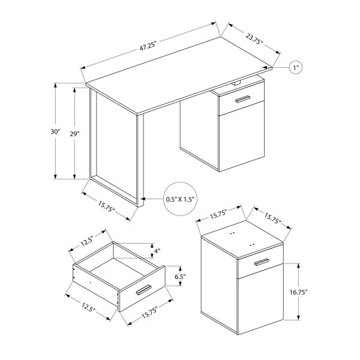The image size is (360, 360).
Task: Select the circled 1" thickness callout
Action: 296,67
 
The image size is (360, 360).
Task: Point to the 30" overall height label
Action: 56,131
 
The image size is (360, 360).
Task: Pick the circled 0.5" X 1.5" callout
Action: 180,199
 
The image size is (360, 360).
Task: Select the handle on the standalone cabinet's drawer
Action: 261,263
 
